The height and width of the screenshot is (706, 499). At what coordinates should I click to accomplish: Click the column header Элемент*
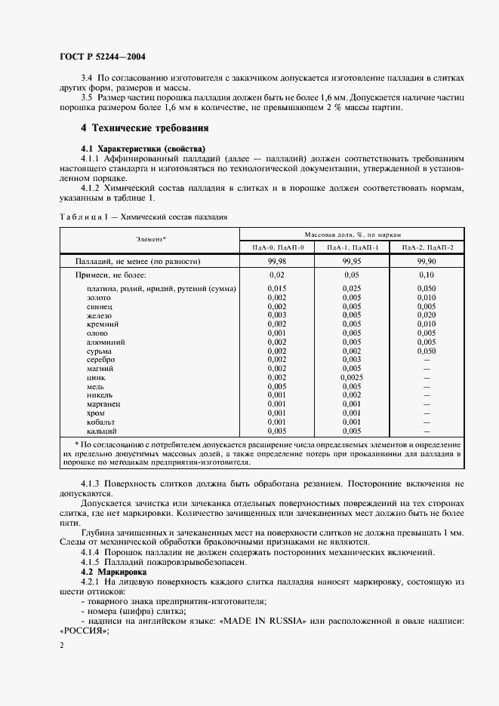point(151,239)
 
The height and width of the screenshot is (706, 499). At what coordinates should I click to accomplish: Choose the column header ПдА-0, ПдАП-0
point(277,247)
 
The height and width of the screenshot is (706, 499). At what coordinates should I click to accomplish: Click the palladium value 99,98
point(277,261)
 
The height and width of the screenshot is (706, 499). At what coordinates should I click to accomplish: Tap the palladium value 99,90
point(427,261)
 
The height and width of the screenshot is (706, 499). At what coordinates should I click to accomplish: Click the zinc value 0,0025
point(352,377)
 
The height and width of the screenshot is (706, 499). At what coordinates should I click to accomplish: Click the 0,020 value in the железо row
point(427,315)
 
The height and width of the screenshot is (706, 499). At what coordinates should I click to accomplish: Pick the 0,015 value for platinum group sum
point(277,289)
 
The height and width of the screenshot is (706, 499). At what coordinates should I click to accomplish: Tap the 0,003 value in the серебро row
point(352,359)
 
